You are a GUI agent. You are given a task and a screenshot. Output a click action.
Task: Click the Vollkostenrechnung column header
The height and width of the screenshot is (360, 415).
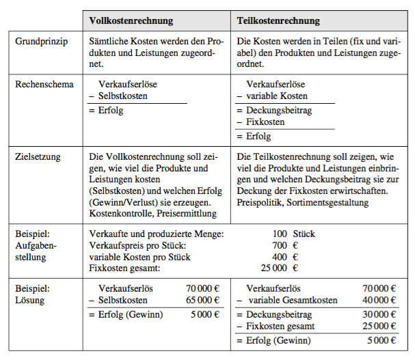pos(131,20)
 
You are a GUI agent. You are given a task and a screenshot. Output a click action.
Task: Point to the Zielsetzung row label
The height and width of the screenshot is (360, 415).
pos(38,157)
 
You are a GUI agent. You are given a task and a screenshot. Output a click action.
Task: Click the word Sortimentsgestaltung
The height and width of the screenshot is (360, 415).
pos(328,203)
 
